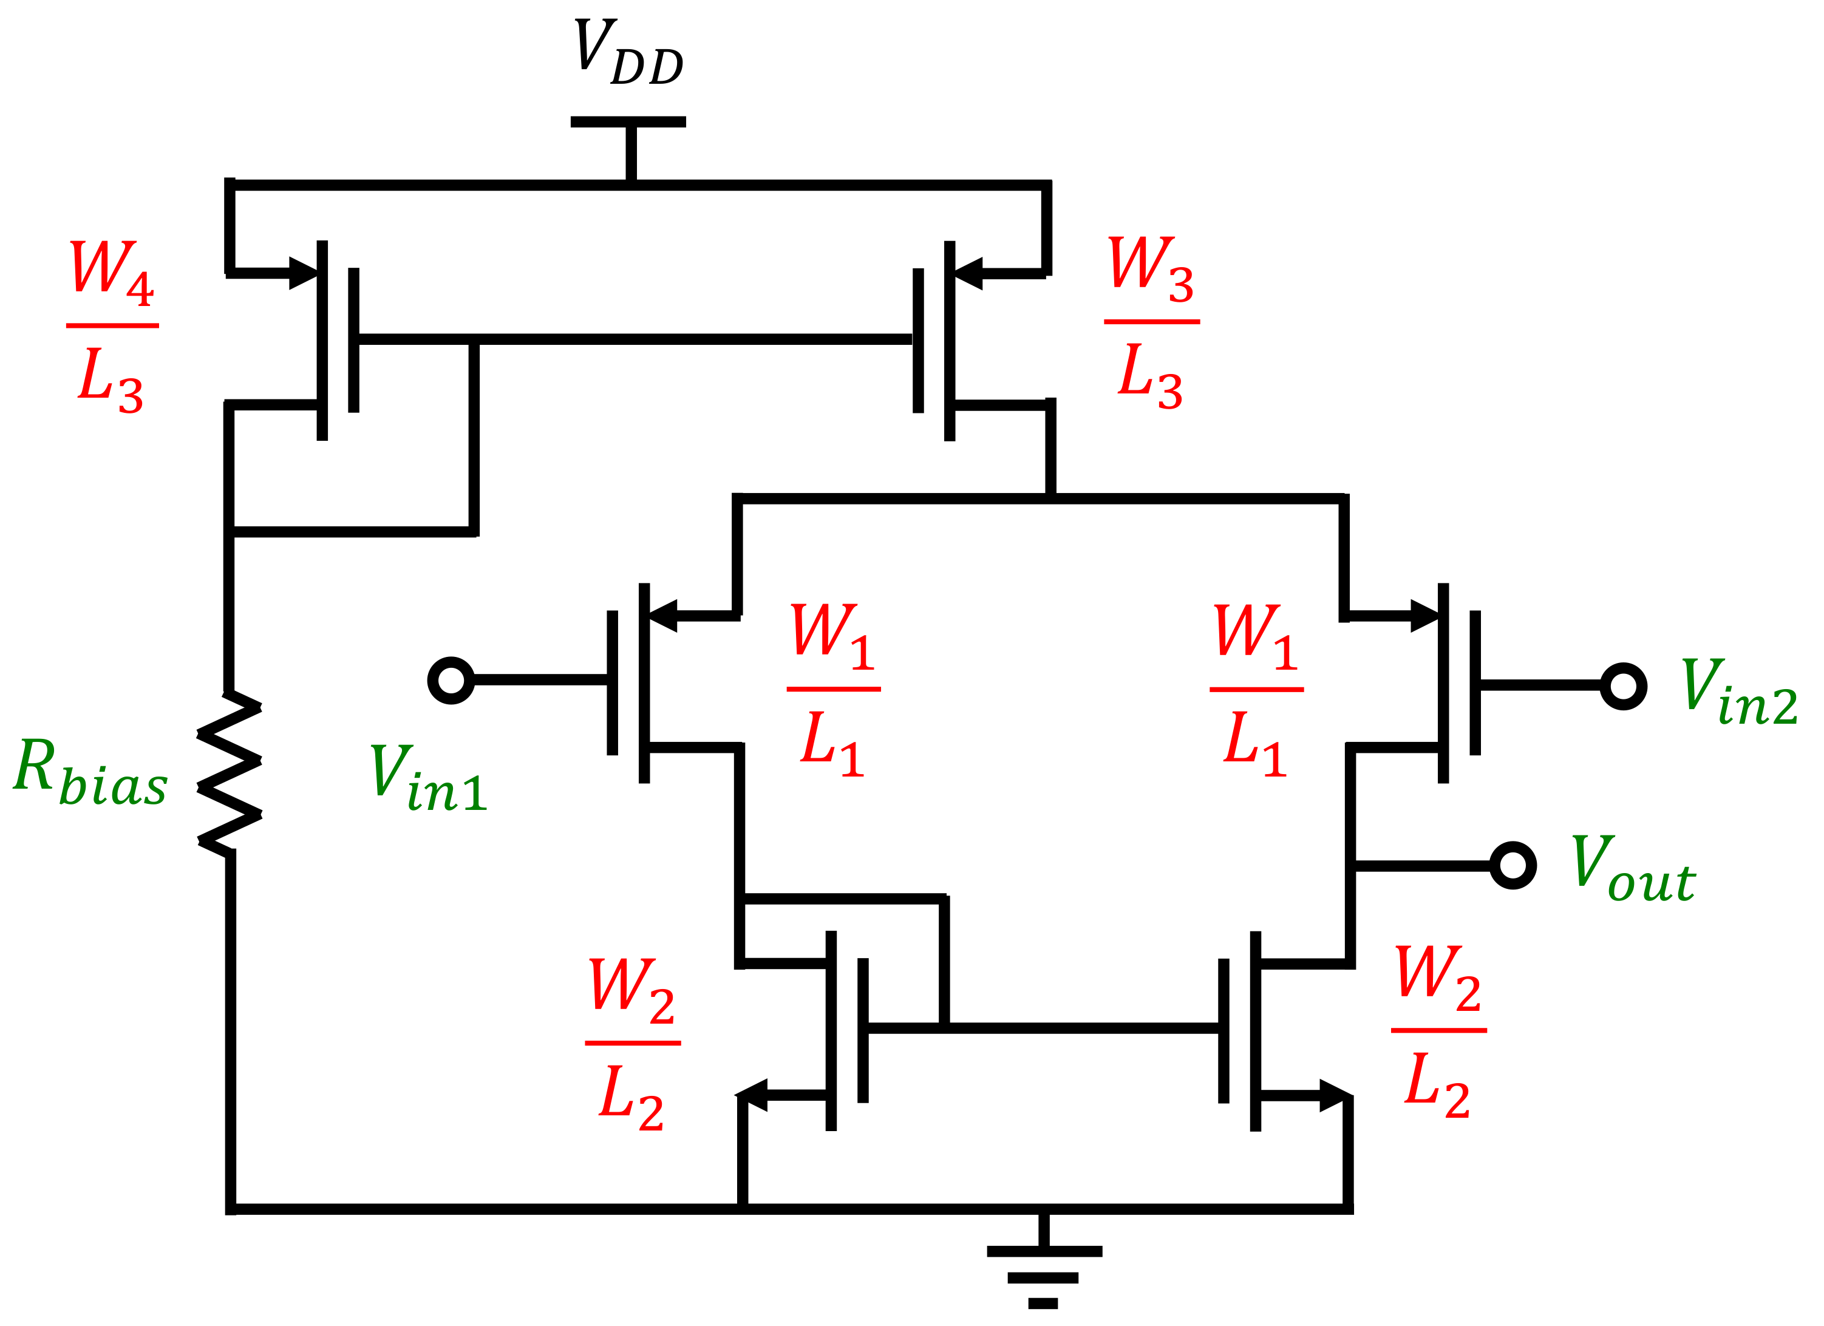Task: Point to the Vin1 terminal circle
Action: click(451, 680)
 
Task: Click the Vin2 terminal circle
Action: click(1623, 686)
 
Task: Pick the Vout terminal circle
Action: click(1513, 865)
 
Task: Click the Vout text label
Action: click(1633, 868)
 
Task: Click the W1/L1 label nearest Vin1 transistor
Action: click(833, 690)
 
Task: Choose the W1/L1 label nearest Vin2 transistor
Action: click(1256, 690)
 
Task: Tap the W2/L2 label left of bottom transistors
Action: click(632, 1044)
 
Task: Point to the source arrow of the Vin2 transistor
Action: click(1424, 616)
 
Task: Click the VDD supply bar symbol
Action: click(628, 122)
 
